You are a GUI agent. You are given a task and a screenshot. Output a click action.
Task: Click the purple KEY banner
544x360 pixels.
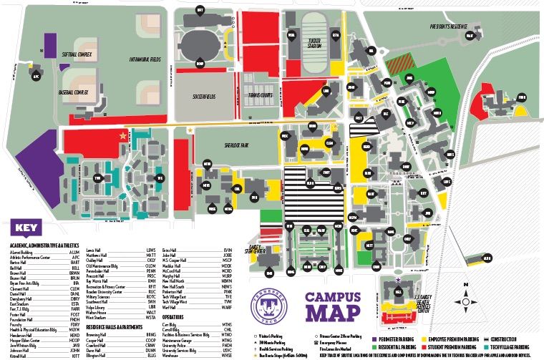pyautogui.click(x=25, y=229)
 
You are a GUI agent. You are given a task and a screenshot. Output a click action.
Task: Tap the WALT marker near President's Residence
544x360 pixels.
pyautogui.click(x=470, y=34)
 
